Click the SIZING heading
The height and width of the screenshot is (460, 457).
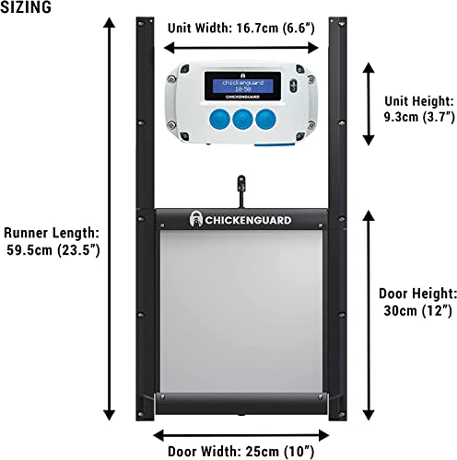[26, 7]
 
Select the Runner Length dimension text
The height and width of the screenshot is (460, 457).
[52, 242]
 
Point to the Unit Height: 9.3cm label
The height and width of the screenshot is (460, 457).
[419, 109]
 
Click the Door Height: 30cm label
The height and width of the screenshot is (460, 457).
[417, 302]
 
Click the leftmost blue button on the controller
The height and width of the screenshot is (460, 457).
[219, 120]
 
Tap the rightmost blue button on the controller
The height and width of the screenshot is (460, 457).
[266, 120]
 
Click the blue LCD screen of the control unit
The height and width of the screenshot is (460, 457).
[242, 86]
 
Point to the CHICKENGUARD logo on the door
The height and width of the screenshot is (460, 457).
[240, 219]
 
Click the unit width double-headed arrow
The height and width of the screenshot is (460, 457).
[241, 48]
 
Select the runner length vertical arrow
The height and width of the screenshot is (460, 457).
[109, 219]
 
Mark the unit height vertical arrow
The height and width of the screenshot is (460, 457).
[369, 104]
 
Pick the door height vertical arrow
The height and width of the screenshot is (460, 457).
[369, 316]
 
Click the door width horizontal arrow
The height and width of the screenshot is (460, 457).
[241, 435]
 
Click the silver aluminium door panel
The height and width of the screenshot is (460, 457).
[241, 311]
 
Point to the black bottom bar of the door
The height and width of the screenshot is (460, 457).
[241, 403]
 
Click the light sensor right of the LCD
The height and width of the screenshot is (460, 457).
[293, 85]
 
